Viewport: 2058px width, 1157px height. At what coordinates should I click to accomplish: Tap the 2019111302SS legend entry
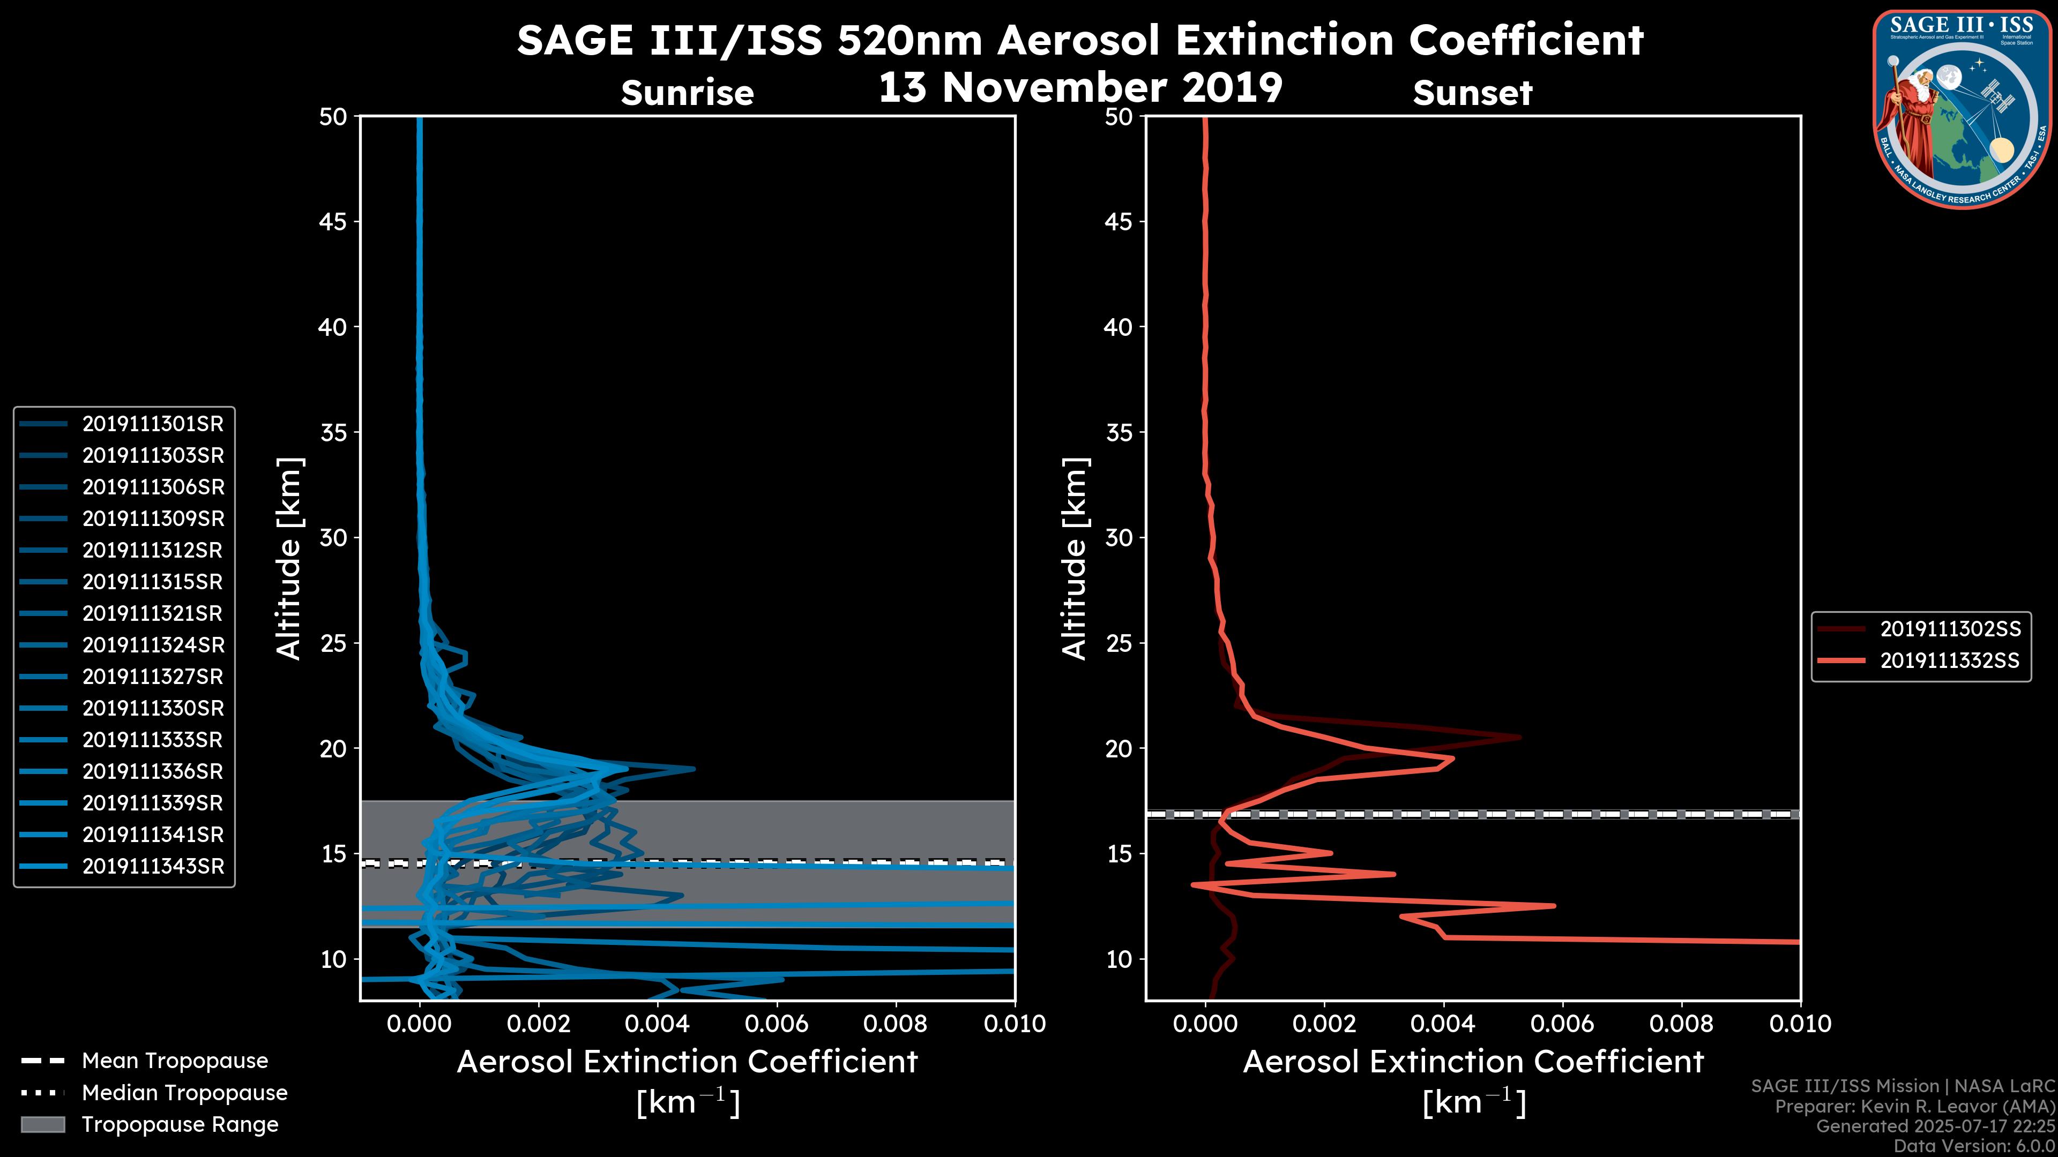[x=1949, y=629]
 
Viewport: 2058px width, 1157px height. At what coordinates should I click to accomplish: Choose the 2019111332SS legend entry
[x=1949, y=661]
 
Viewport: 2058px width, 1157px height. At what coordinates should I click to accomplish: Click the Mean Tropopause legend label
[x=175, y=1061]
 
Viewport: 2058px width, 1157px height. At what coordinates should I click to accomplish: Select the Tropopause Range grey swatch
[x=43, y=1124]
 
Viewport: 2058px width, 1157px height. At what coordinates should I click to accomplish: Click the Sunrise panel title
[x=687, y=93]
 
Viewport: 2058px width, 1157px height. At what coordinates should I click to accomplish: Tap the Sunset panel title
[x=1472, y=93]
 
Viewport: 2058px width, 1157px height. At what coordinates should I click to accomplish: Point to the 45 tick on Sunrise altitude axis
[x=333, y=221]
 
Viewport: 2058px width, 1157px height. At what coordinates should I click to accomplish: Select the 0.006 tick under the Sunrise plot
[x=777, y=1024]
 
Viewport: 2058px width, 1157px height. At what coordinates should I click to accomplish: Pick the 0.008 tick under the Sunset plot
[x=1682, y=1024]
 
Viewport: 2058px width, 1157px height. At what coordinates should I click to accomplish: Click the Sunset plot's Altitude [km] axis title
[x=1075, y=559]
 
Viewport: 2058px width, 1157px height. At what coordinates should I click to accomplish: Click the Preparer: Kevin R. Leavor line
[x=1914, y=1106]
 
